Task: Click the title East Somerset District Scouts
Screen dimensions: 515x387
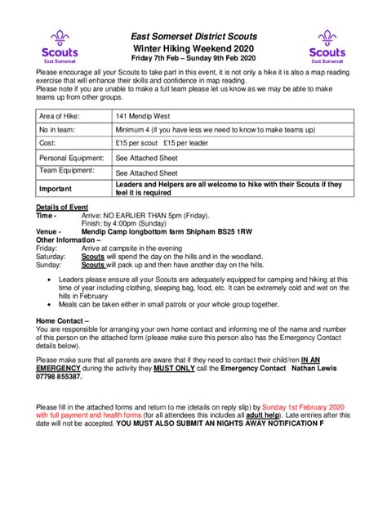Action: [193, 37]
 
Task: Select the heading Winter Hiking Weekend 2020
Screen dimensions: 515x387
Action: [193, 49]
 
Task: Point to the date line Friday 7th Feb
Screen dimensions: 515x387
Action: [193, 60]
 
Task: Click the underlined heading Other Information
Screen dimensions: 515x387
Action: [70, 240]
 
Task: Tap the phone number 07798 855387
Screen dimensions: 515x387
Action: [60, 377]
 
